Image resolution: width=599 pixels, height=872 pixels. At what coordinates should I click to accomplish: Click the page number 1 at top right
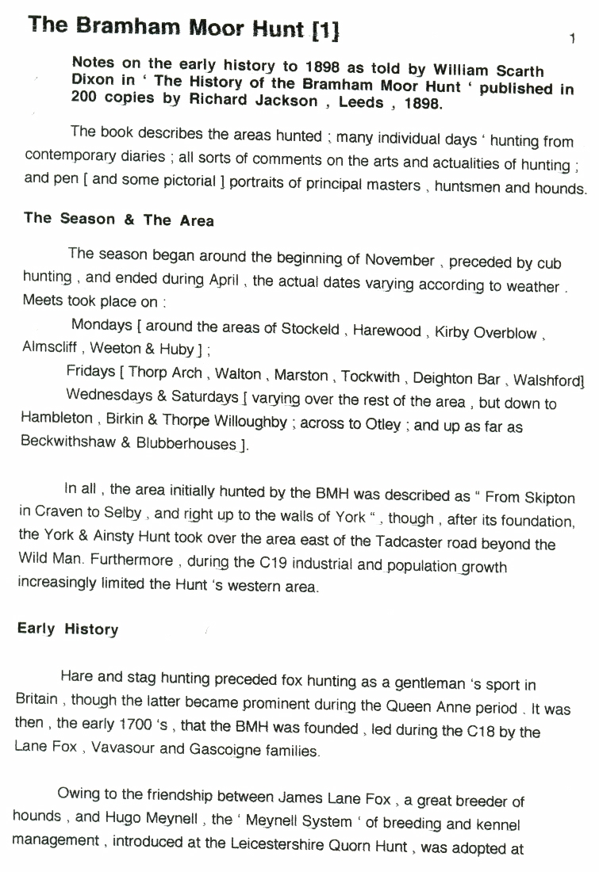[x=571, y=38]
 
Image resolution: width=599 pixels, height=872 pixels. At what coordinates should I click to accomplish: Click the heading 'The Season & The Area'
[x=119, y=220]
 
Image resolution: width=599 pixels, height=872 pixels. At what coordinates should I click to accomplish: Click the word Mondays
[x=102, y=325]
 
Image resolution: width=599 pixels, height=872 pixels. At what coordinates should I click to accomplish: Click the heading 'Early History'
[x=67, y=629]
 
